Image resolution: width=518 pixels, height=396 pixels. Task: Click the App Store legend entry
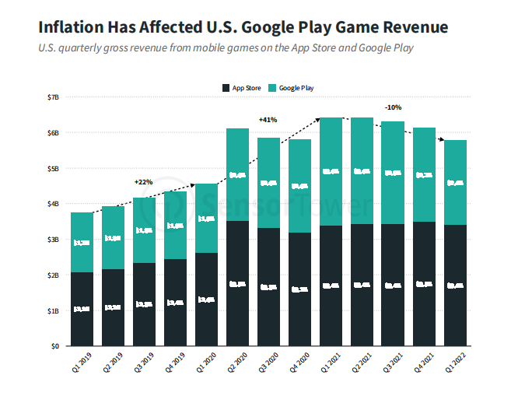pos(242,88)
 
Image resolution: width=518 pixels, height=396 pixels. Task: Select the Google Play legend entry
pos(291,88)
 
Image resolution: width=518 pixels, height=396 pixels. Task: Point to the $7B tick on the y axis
pos(54,97)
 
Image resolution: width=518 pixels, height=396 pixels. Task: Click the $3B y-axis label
pos(54,240)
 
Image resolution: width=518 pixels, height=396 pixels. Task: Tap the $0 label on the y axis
pos(55,346)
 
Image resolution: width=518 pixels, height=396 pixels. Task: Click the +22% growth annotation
pos(143,181)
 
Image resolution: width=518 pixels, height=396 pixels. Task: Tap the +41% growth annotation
pos(268,120)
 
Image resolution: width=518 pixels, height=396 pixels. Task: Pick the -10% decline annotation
pos(392,107)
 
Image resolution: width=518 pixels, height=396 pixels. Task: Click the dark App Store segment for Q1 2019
pos(82,309)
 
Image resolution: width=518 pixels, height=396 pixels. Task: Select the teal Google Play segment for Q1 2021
pos(331,171)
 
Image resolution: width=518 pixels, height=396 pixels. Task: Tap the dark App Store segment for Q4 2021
pos(424,284)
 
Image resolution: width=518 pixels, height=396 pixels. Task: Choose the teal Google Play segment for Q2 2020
pos(237,175)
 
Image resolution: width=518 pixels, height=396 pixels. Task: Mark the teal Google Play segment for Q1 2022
pos(455,183)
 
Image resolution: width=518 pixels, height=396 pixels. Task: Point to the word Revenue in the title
pos(409,27)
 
